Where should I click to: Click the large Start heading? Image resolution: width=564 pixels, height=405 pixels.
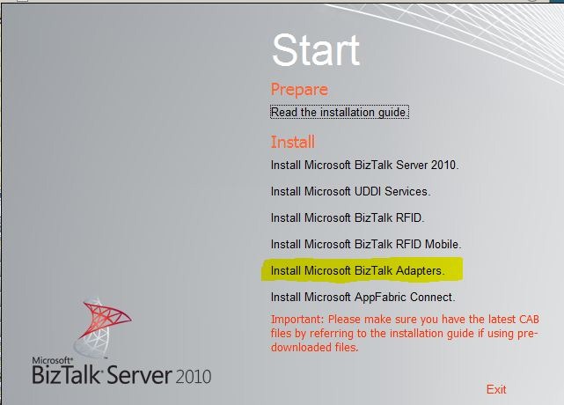pyautogui.click(x=316, y=49)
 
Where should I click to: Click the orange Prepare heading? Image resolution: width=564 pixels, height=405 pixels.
pyautogui.click(x=299, y=89)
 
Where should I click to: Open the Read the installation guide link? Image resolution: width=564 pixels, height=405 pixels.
pyautogui.click(x=340, y=112)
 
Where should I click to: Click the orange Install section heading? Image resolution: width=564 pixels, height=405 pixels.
pyautogui.click(x=293, y=142)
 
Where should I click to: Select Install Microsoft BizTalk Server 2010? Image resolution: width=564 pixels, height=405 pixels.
pyautogui.click(x=365, y=165)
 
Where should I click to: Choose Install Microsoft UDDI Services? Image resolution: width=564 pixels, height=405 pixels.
pyautogui.click(x=350, y=191)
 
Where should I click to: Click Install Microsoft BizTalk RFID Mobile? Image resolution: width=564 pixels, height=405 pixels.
pyautogui.click(x=366, y=244)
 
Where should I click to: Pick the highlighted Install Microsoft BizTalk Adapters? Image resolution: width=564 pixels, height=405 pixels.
pyautogui.click(x=357, y=270)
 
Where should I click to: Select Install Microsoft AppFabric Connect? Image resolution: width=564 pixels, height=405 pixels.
pyautogui.click(x=363, y=297)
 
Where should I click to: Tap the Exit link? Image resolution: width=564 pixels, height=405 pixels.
pyautogui.click(x=496, y=389)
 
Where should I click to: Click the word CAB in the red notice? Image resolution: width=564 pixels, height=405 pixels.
pyautogui.click(x=529, y=320)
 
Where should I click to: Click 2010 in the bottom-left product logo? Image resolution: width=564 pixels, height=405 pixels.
pyautogui.click(x=194, y=377)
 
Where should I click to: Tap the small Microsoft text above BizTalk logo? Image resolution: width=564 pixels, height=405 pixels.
pyautogui.click(x=52, y=360)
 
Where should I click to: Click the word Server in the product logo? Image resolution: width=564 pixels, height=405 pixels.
pyautogui.click(x=139, y=375)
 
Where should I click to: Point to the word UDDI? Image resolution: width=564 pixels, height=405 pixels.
pyautogui.click(x=368, y=191)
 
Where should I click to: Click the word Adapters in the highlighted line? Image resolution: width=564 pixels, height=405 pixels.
pyautogui.click(x=420, y=270)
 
